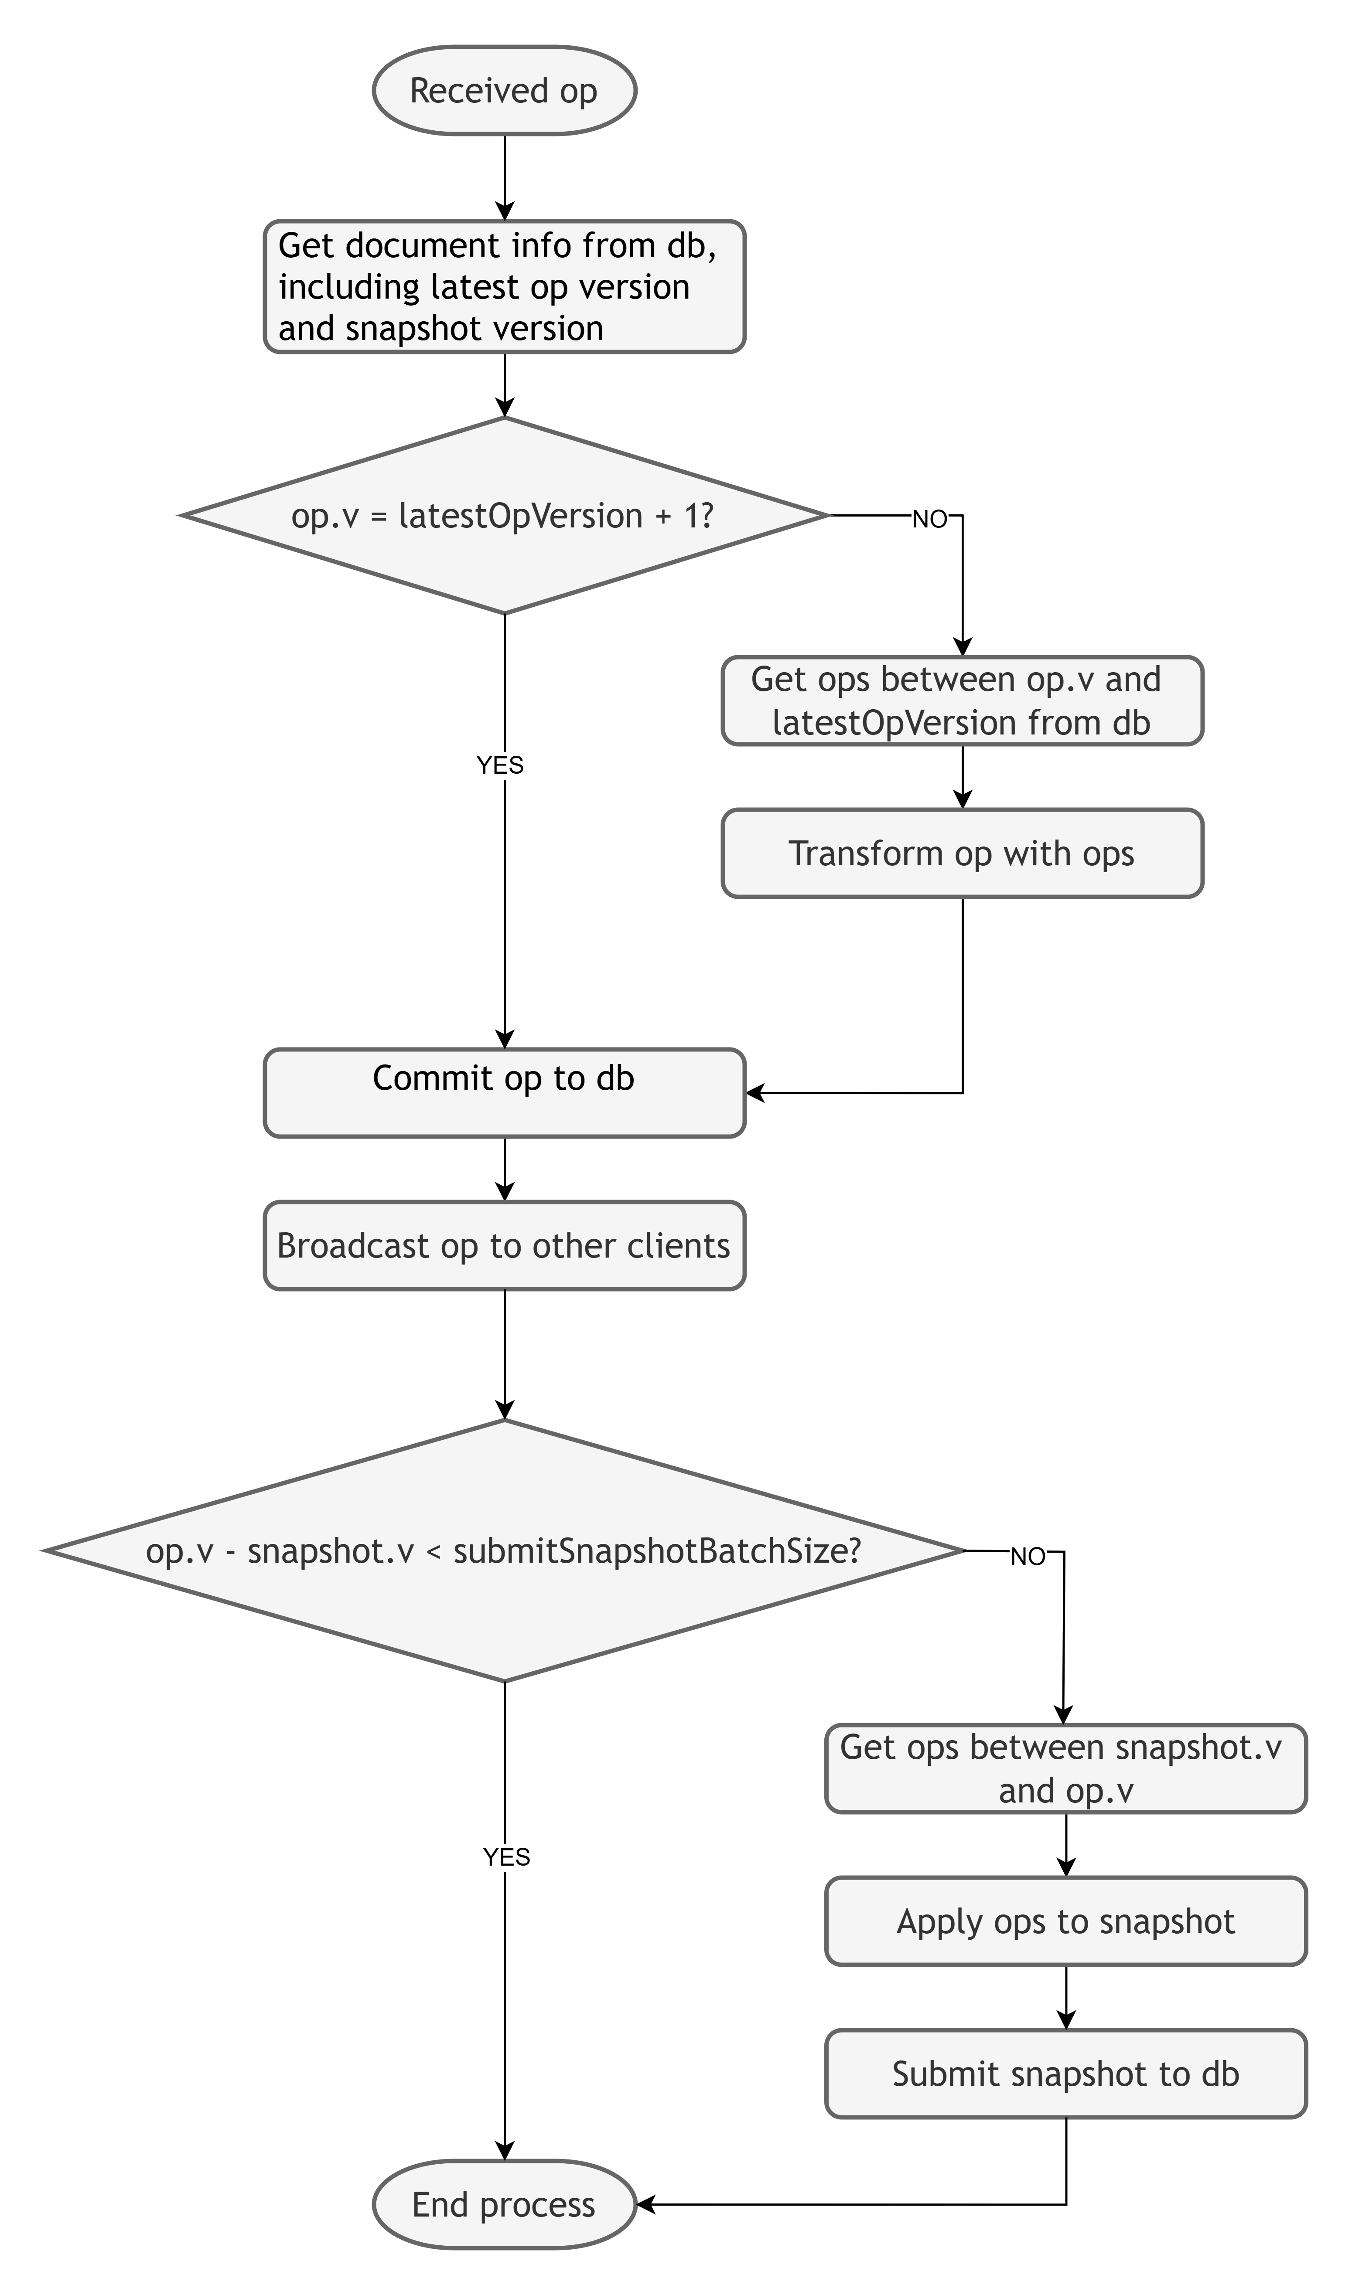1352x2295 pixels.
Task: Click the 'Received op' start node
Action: (504, 91)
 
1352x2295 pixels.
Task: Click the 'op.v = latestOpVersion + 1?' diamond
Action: (504, 516)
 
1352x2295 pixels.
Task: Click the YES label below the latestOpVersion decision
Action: (500, 765)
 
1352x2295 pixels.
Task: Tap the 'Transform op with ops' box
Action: (962, 853)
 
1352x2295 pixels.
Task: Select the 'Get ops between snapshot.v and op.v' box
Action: (1066, 1768)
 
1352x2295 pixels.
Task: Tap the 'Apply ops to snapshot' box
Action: (1066, 1921)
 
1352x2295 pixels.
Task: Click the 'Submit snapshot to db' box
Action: (1066, 2074)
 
